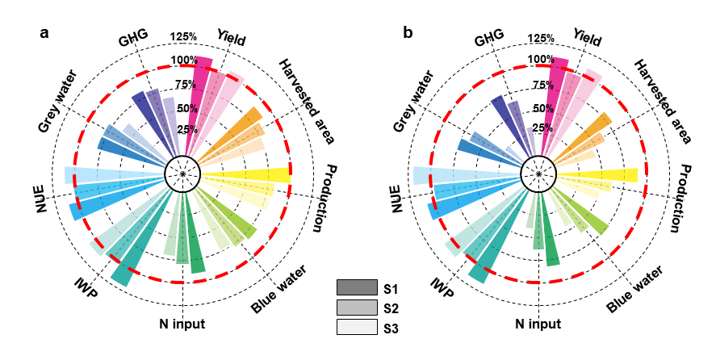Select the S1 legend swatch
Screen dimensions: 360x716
pos(357,288)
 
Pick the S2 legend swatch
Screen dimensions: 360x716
pos(357,308)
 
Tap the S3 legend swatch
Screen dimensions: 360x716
pos(357,327)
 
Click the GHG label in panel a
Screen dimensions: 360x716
pos(132,39)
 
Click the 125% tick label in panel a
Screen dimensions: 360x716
pos(184,37)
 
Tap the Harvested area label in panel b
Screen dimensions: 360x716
pos(661,101)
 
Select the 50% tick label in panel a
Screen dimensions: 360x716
pos(184,109)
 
